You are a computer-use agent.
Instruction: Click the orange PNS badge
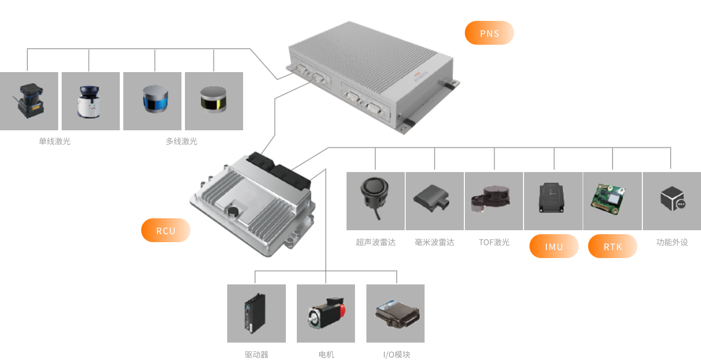(489, 33)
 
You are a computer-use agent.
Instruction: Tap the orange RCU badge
(166, 231)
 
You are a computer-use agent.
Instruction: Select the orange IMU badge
(554, 247)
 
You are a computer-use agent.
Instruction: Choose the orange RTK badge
(613, 247)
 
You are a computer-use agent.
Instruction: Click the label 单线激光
(55, 142)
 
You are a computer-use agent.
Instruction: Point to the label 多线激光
(181, 142)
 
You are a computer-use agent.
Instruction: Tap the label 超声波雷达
(376, 243)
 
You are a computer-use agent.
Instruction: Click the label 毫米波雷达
(435, 243)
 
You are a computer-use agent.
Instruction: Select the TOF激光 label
(494, 243)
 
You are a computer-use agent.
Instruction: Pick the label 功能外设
(672, 243)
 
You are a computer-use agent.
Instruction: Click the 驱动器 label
(257, 355)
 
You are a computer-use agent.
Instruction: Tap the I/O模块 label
(397, 355)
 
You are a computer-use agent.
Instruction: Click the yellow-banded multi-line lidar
(213, 99)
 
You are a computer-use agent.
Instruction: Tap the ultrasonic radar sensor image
(374, 194)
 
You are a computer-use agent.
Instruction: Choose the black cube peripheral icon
(673, 198)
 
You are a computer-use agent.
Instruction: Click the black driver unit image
(255, 313)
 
